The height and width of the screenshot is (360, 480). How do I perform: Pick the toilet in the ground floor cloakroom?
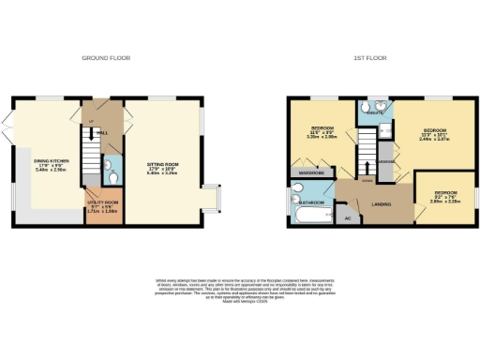111,174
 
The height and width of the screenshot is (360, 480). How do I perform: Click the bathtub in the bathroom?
307,217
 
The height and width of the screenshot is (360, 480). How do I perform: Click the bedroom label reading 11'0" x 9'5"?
322,130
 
